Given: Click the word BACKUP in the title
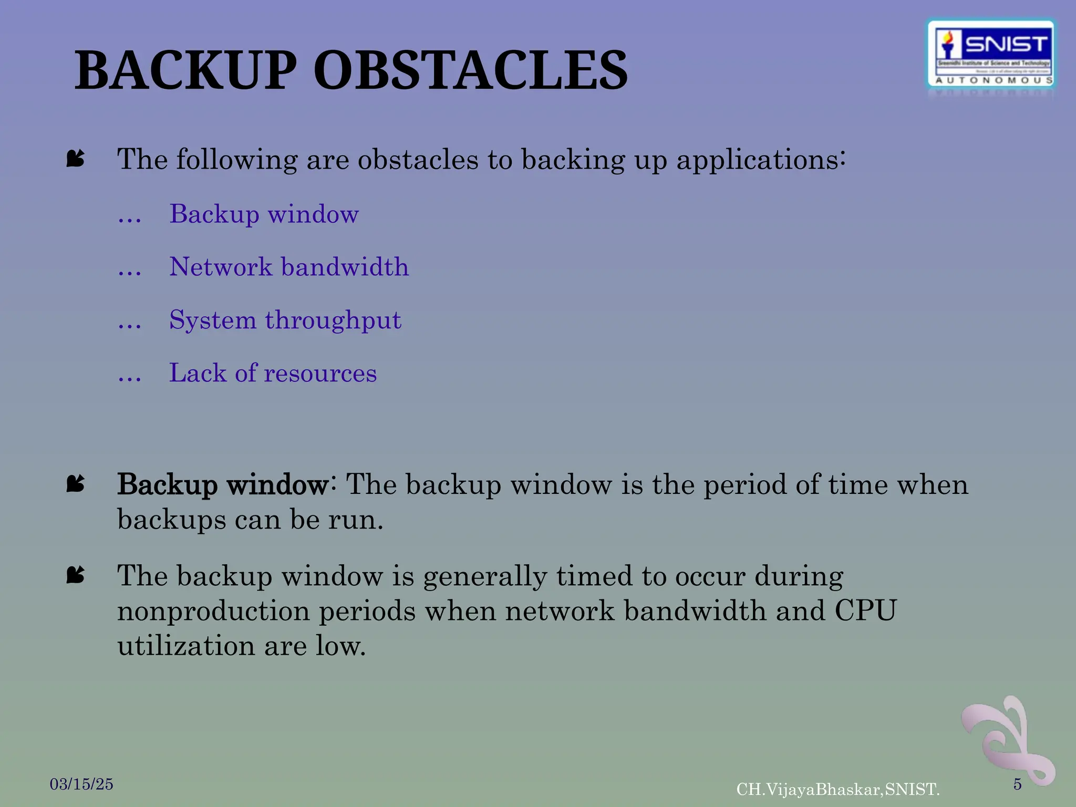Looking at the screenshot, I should [185, 71].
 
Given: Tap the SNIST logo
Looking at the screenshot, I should [991, 55].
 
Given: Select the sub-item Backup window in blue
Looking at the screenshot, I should [264, 214].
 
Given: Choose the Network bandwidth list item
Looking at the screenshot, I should [288, 267].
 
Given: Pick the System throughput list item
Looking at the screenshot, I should [285, 320].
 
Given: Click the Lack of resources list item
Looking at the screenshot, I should [273, 373].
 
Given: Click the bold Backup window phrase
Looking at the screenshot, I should [223, 484].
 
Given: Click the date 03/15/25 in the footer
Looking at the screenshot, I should [81, 784].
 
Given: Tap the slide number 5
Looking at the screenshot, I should [1017, 784].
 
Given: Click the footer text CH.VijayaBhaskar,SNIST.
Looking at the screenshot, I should [837, 789].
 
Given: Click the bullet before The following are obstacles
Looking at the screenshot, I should [76, 158].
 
